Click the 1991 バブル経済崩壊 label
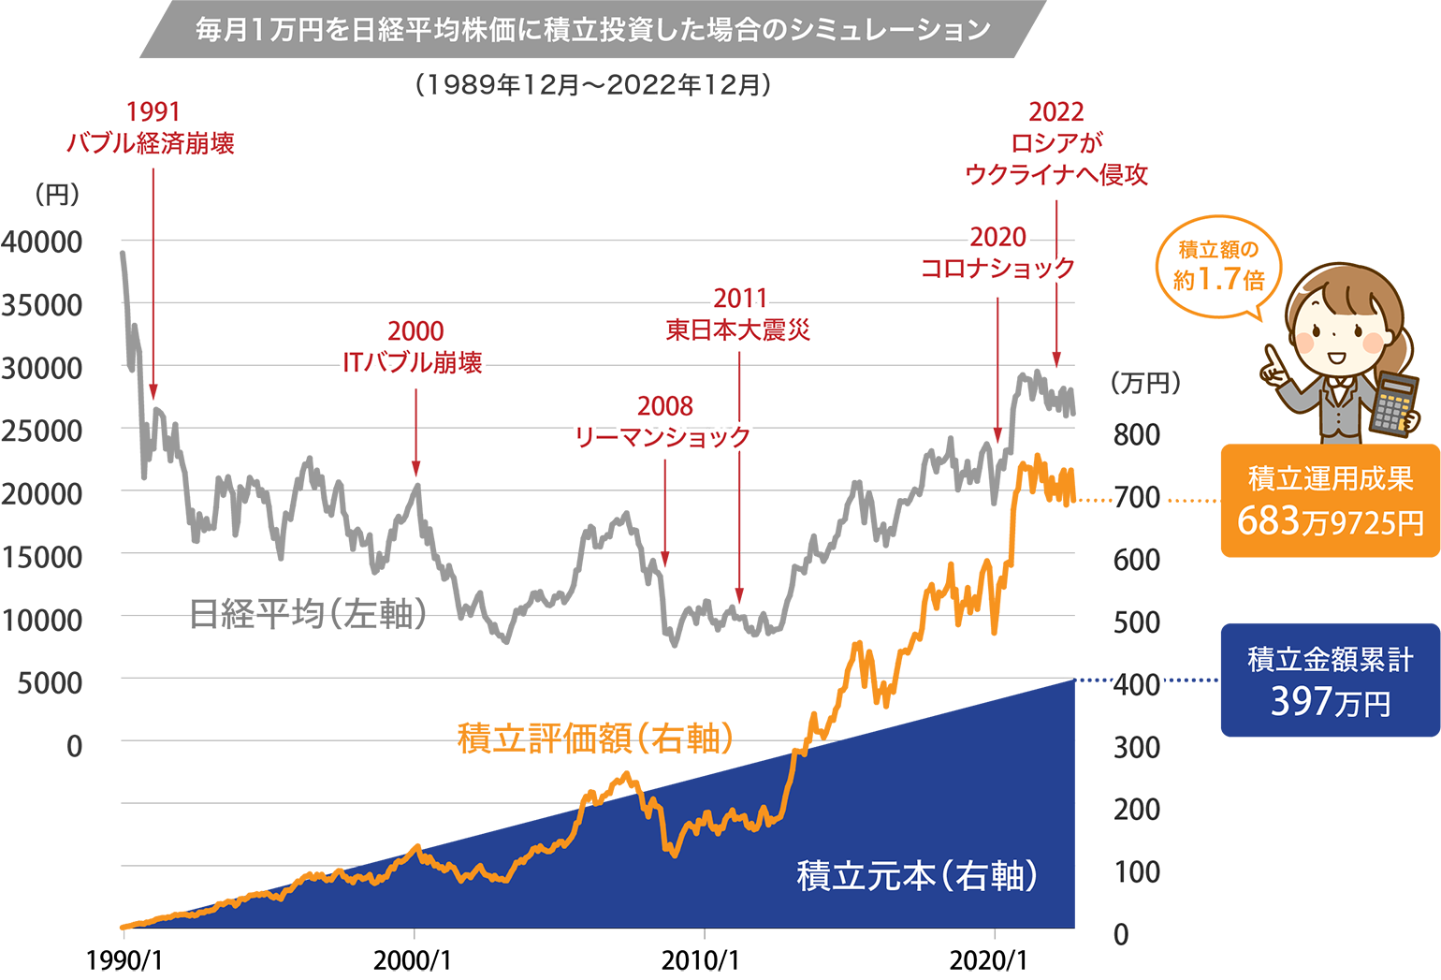coord(152,128)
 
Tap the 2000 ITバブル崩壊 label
coord(414,347)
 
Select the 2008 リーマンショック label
coord(663,422)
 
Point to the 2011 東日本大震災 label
coord(738,314)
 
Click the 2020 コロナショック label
coord(997,253)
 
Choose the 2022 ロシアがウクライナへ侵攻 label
coord(1055,143)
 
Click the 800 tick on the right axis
coord(1136,435)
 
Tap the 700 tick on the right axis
coord(1136,497)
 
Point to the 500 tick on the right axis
coord(1136,622)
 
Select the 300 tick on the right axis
coord(1136,748)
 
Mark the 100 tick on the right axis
coord(1136,872)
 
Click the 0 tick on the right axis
coord(1121,934)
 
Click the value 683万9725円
coord(1330,521)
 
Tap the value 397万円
coord(1330,702)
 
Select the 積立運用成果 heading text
coord(1330,478)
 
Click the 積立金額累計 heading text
coord(1330,660)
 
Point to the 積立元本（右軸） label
coord(917,876)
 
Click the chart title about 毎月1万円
coord(592,30)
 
